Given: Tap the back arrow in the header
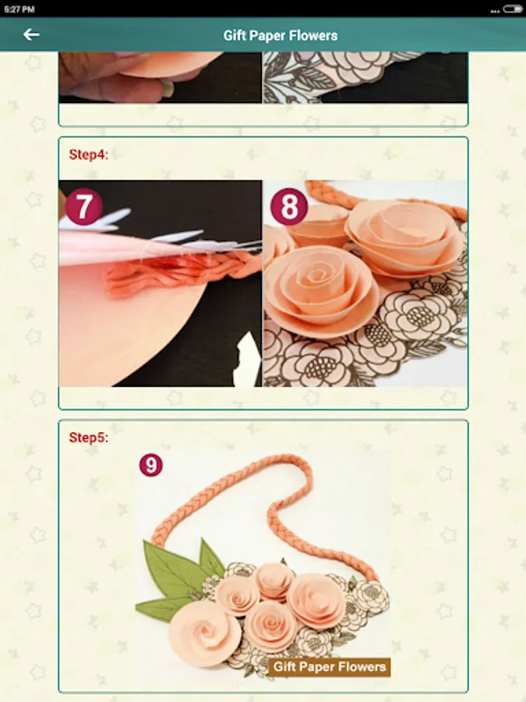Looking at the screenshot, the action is (x=31, y=34).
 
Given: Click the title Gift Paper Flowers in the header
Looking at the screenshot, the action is (x=281, y=35).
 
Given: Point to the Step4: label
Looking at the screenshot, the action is (x=89, y=154).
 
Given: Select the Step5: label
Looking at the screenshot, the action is (x=89, y=438).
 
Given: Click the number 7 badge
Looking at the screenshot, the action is (x=84, y=207).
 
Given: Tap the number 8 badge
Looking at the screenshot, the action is (x=289, y=207).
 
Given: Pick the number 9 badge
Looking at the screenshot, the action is (x=150, y=465).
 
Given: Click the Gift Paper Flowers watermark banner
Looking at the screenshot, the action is (x=329, y=667).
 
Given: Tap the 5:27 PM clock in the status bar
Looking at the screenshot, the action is (x=19, y=9).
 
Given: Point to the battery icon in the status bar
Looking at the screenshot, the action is (x=512, y=9).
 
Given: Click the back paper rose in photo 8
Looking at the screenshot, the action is (x=404, y=237).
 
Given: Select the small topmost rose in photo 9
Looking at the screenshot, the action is (x=274, y=580).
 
